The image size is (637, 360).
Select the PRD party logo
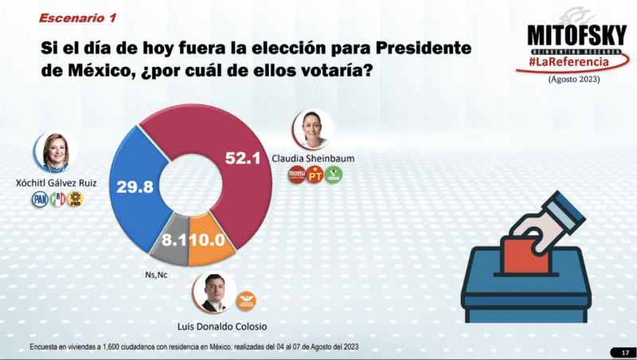pos(76,199)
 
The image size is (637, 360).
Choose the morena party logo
pos(295,174)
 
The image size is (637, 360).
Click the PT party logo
pos(315,174)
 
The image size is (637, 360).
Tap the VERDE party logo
pos(334,174)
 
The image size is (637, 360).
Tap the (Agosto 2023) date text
pos(573,80)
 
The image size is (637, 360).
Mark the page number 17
pos(623,352)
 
